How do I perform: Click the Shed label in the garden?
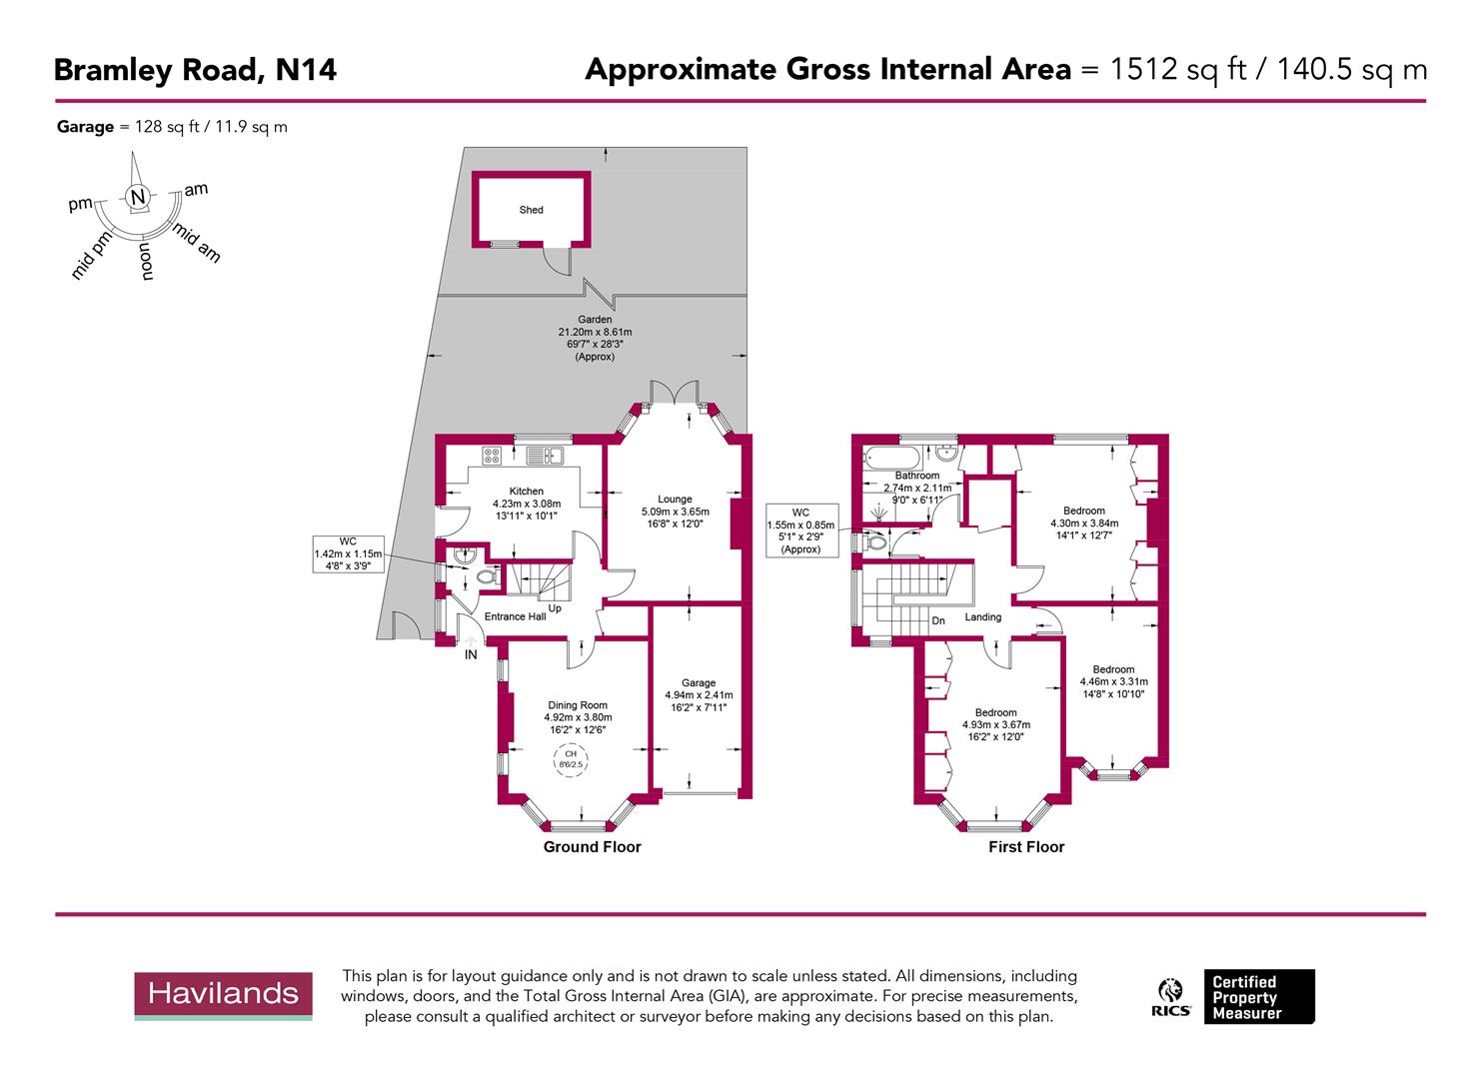pyautogui.click(x=531, y=210)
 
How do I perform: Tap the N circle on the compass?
pyautogui.click(x=138, y=197)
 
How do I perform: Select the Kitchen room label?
pyautogui.click(x=527, y=492)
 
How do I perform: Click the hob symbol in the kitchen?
pyautogui.click(x=491, y=456)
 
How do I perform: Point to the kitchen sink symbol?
pyautogui.click(x=546, y=457)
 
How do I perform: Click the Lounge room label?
pyautogui.click(x=675, y=500)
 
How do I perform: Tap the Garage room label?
pyautogui.click(x=699, y=683)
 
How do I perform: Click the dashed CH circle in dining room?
pyautogui.click(x=570, y=759)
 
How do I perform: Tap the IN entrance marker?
pyautogui.click(x=470, y=655)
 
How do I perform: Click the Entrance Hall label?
pyautogui.click(x=515, y=616)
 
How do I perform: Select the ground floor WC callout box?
pyautogui.click(x=348, y=552)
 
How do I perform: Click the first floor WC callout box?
pyautogui.click(x=800, y=530)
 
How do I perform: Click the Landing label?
pyautogui.click(x=982, y=617)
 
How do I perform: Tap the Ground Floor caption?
pyautogui.click(x=592, y=847)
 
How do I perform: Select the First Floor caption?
pyautogui.click(x=1026, y=847)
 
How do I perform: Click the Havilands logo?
pyautogui.click(x=223, y=994)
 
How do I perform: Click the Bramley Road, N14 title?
pyautogui.click(x=195, y=70)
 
